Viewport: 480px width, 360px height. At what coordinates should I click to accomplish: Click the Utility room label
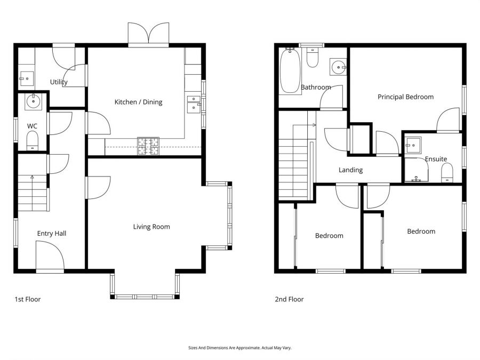point(59,82)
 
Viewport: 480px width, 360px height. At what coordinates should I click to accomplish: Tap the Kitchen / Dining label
point(139,102)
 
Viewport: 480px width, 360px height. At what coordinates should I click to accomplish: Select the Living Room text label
point(151,227)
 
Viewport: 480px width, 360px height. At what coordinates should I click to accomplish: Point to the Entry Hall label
point(52,233)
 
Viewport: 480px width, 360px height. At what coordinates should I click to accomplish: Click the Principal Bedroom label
point(405,97)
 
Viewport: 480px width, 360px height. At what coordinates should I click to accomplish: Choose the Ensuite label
point(436,159)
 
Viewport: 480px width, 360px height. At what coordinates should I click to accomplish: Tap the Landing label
point(350,170)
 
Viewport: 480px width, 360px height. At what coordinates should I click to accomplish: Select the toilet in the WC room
point(33,141)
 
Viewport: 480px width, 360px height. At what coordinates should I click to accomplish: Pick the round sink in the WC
point(33,100)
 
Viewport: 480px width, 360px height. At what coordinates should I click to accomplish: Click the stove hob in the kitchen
point(148,146)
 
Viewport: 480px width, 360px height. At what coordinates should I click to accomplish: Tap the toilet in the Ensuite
point(447,172)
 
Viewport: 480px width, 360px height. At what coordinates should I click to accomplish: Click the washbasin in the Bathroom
point(338,67)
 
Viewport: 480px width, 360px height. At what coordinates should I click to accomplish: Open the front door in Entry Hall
point(50,257)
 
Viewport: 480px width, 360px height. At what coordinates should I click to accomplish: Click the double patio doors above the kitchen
point(149,35)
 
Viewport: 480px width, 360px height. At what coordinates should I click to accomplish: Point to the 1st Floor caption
point(28,299)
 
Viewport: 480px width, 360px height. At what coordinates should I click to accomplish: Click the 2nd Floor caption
point(289,299)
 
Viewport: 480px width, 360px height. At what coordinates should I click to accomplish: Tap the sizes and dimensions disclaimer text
point(240,348)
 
